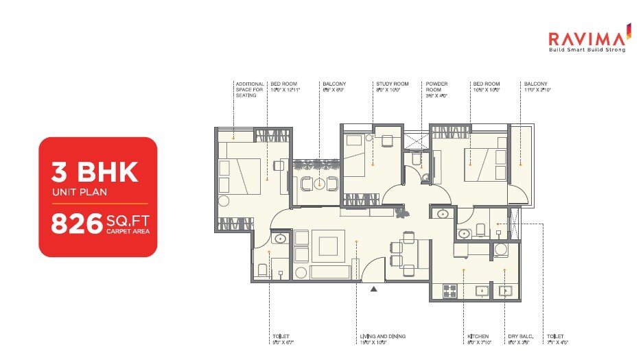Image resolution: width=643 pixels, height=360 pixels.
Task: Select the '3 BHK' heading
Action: (95, 171)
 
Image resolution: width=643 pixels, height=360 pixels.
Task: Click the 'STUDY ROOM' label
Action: (392, 84)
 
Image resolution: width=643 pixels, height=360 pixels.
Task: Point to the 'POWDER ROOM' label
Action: (436, 86)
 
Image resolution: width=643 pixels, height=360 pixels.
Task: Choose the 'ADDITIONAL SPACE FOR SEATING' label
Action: (249, 89)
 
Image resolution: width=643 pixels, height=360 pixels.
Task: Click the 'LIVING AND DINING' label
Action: (383, 336)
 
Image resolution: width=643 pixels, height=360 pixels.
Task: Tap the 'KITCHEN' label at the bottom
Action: (478, 336)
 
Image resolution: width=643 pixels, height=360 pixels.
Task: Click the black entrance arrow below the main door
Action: (373, 289)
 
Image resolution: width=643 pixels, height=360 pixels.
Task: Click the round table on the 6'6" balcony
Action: (318, 183)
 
